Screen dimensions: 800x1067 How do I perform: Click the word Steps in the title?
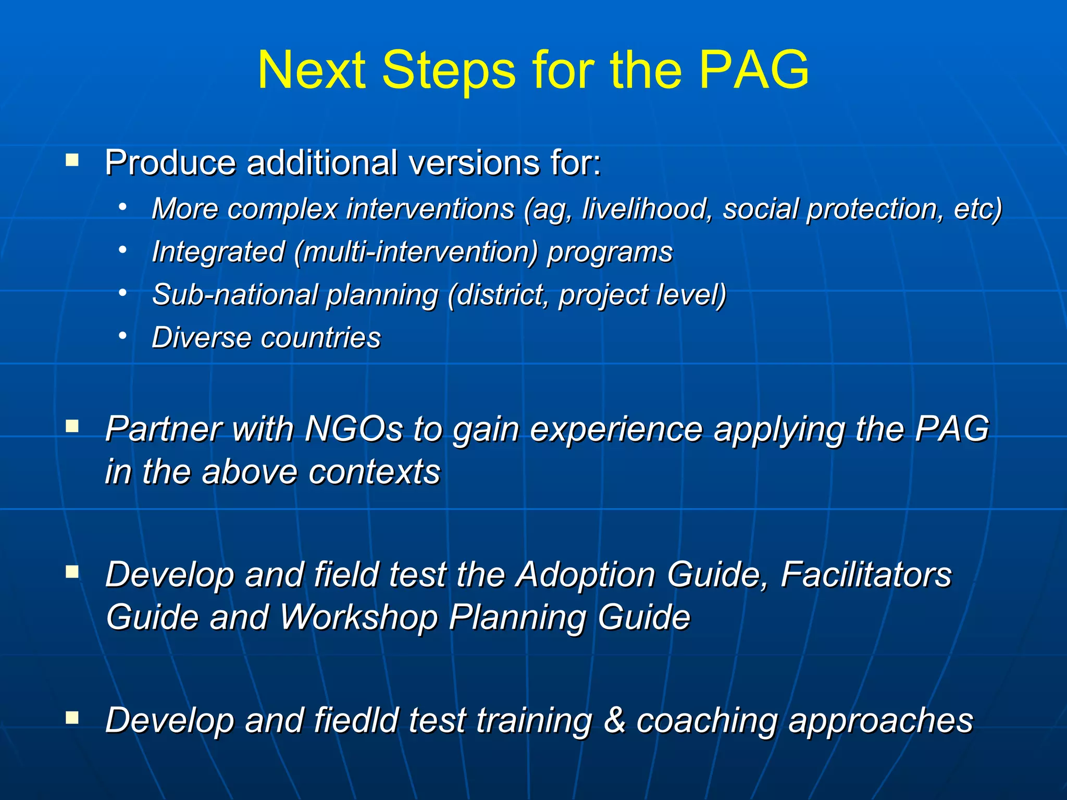click(x=449, y=70)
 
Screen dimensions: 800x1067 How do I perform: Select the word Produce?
click(x=170, y=163)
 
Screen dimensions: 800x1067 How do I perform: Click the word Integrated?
click(x=218, y=252)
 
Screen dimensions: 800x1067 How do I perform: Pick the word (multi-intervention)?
click(x=415, y=252)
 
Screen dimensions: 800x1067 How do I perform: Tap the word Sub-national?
click(x=234, y=295)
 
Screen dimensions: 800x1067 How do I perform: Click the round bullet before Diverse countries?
click(x=122, y=336)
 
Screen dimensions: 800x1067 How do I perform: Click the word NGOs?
click(x=354, y=429)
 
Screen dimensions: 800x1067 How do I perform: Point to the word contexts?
click(x=374, y=472)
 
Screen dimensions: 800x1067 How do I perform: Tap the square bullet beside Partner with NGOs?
click(x=72, y=427)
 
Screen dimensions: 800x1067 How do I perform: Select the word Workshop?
click(x=358, y=618)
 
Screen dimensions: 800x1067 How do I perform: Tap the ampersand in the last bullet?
click(x=615, y=720)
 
